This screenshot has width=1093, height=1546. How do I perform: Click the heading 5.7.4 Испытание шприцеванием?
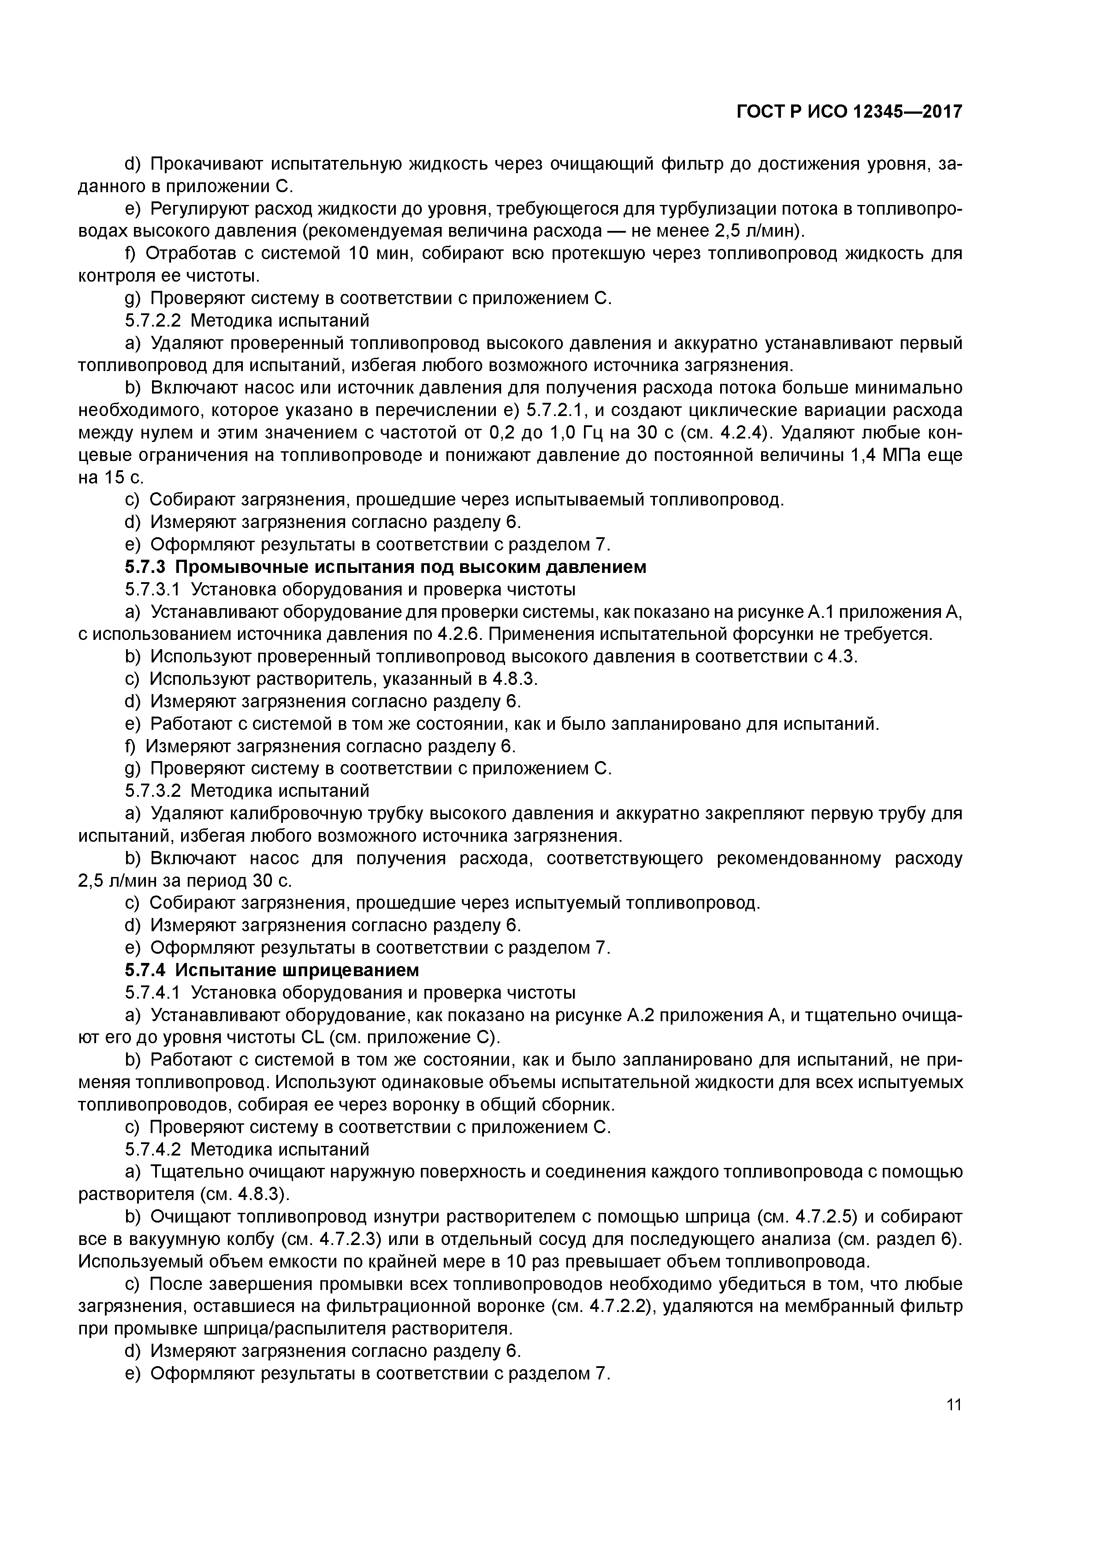(272, 970)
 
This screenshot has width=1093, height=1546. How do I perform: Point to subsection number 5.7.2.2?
(153, 320)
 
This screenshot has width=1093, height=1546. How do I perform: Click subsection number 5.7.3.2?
(153, 791)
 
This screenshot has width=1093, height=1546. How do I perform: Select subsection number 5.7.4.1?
(153, 992)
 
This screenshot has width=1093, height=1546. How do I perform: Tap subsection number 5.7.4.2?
(153, 1149)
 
